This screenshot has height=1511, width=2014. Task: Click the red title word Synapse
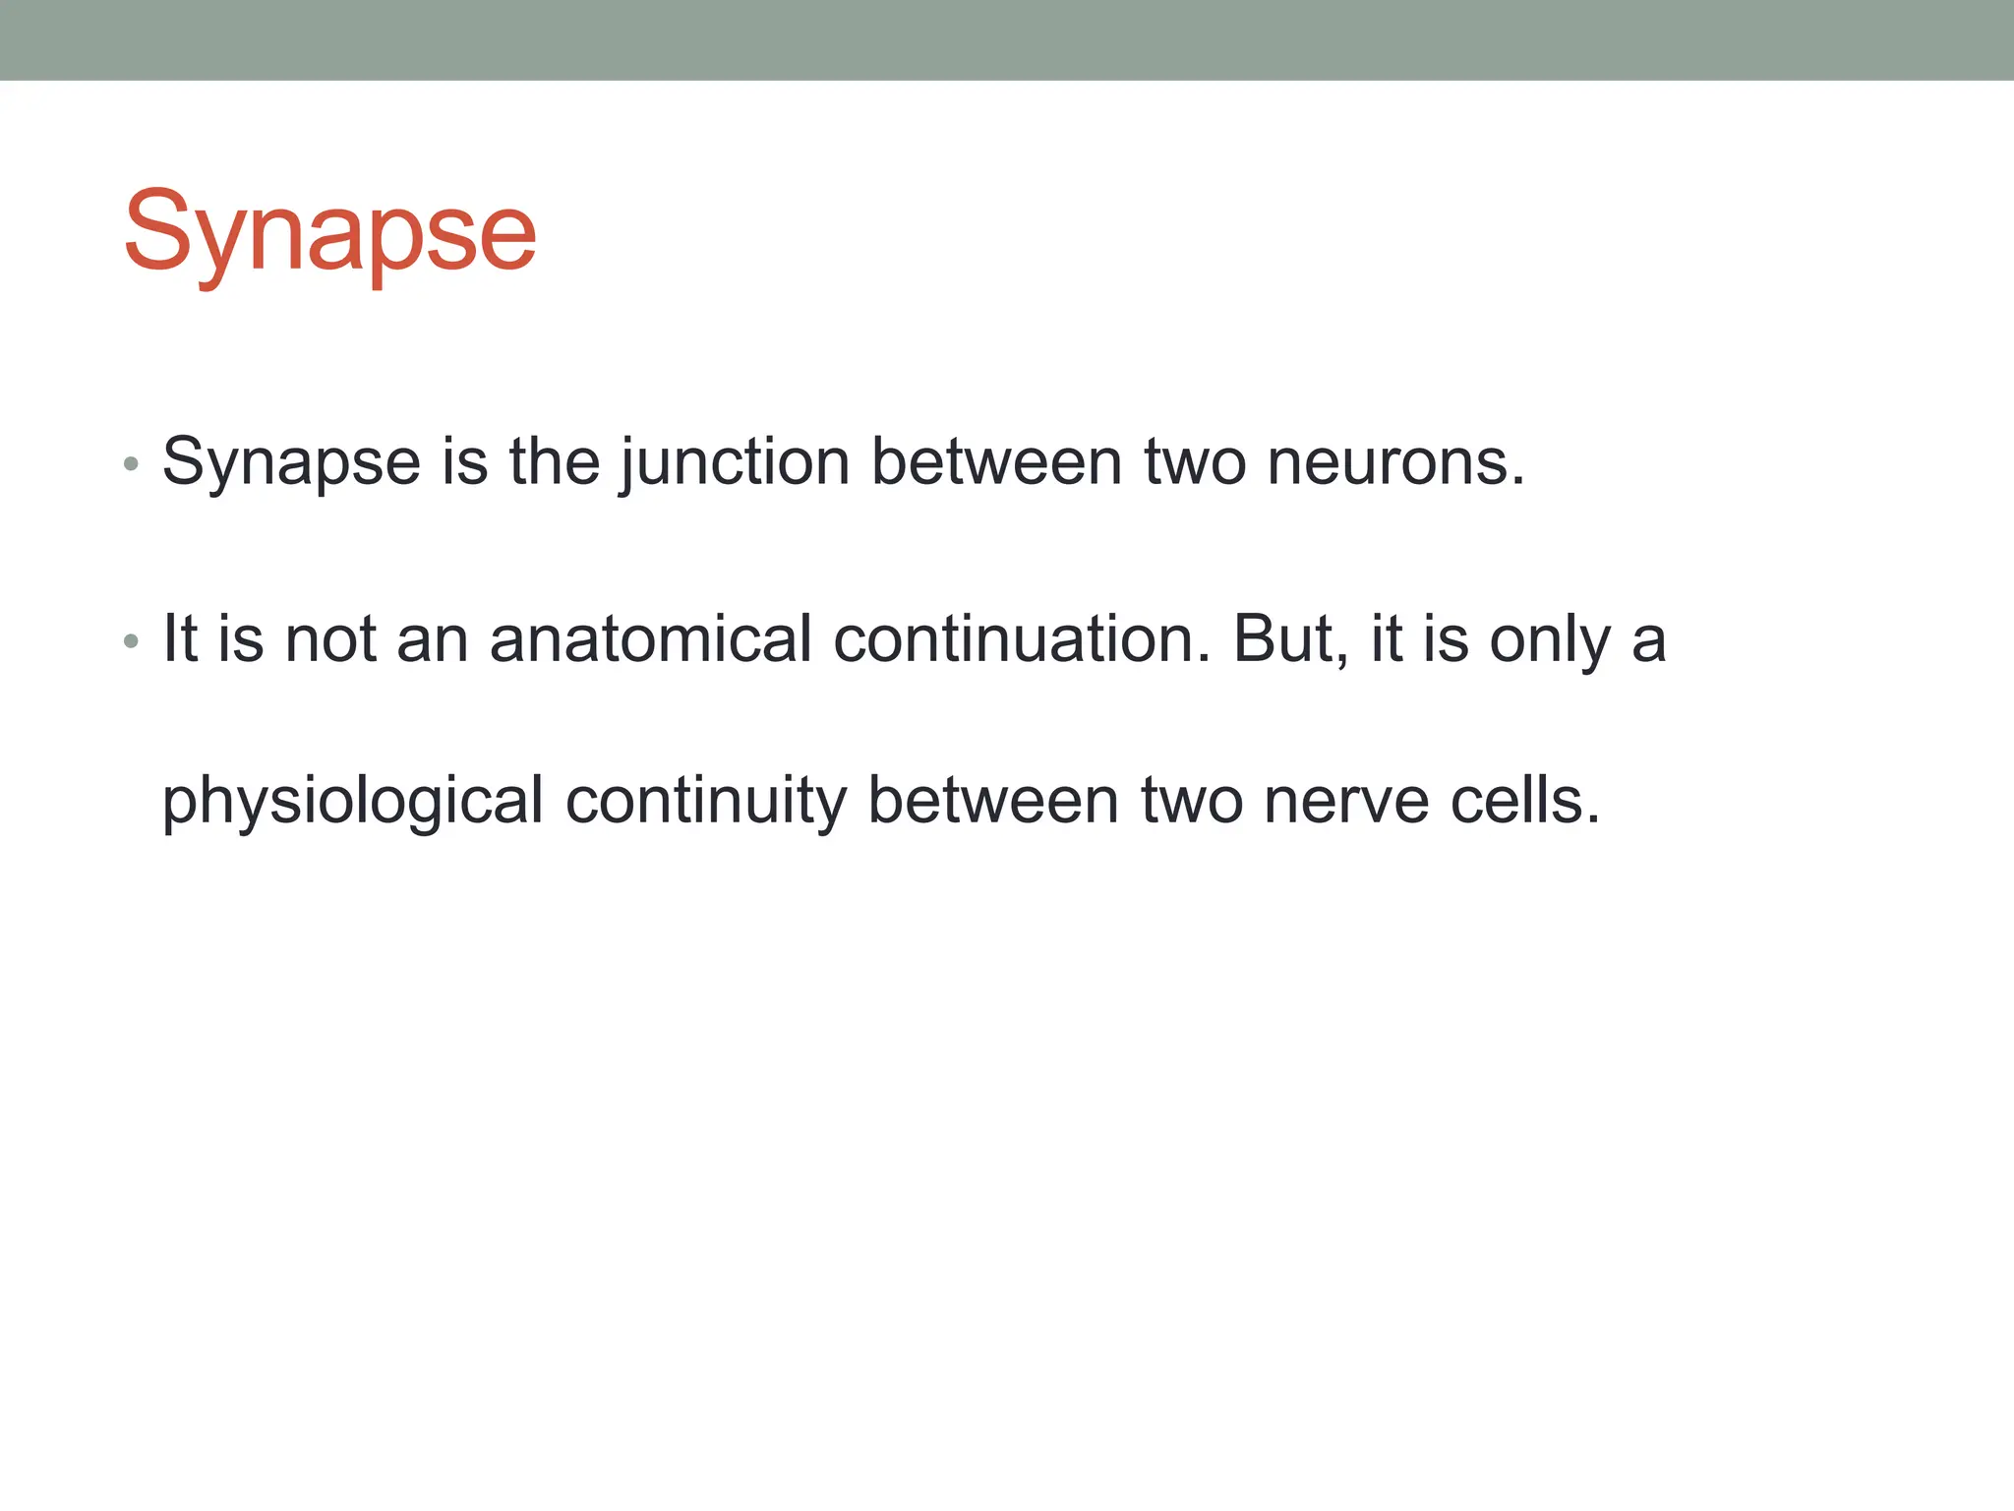click(x=329, y=233)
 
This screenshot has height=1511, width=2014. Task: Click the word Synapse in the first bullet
click(x=291, y=462)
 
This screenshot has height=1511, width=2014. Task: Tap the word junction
click(x=735, y=462)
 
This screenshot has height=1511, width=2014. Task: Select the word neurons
click(x=1395, y=462)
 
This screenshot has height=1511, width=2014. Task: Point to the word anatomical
click(x=650, y=639)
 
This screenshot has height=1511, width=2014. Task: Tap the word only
click(x=1550, y=639)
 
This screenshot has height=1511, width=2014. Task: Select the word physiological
click(x=352, y=801)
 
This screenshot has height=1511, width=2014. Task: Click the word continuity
click(x=705, y=801)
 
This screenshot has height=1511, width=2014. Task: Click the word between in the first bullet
click(x=996, y=462)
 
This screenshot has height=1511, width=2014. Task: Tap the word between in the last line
click(x=992, y=801)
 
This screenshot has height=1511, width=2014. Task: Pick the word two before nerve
click(x=1191, y=801)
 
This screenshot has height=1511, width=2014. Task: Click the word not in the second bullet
click(x=330, y=639)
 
